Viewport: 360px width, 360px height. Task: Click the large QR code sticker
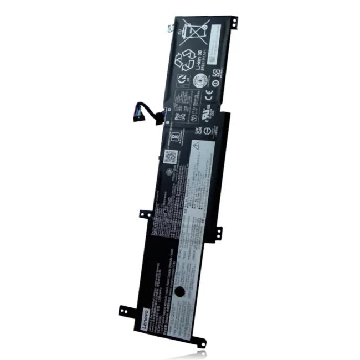[x=171, y=157]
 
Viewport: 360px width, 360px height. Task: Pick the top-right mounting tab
[x=234, y=20]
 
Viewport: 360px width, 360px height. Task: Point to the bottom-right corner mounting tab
[x=200, y=343]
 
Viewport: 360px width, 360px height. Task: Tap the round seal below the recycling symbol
[x=200, y=78]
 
